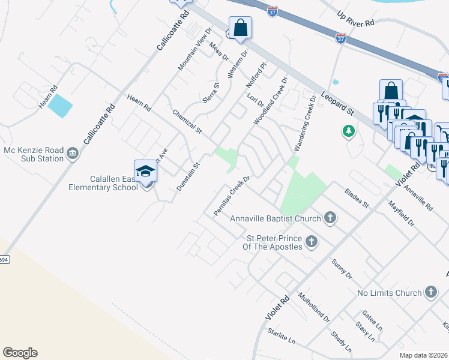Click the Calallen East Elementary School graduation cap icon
coord(145,172)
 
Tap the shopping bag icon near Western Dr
coord(240,28)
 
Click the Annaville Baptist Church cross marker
coord(330,218)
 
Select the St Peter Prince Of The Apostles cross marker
coord(311,242)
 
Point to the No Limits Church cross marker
coord(430,293)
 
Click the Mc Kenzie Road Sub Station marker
coord(72,154)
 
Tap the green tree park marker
coord(348,131)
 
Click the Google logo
coord(20,353)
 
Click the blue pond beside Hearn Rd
coord(60,107)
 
